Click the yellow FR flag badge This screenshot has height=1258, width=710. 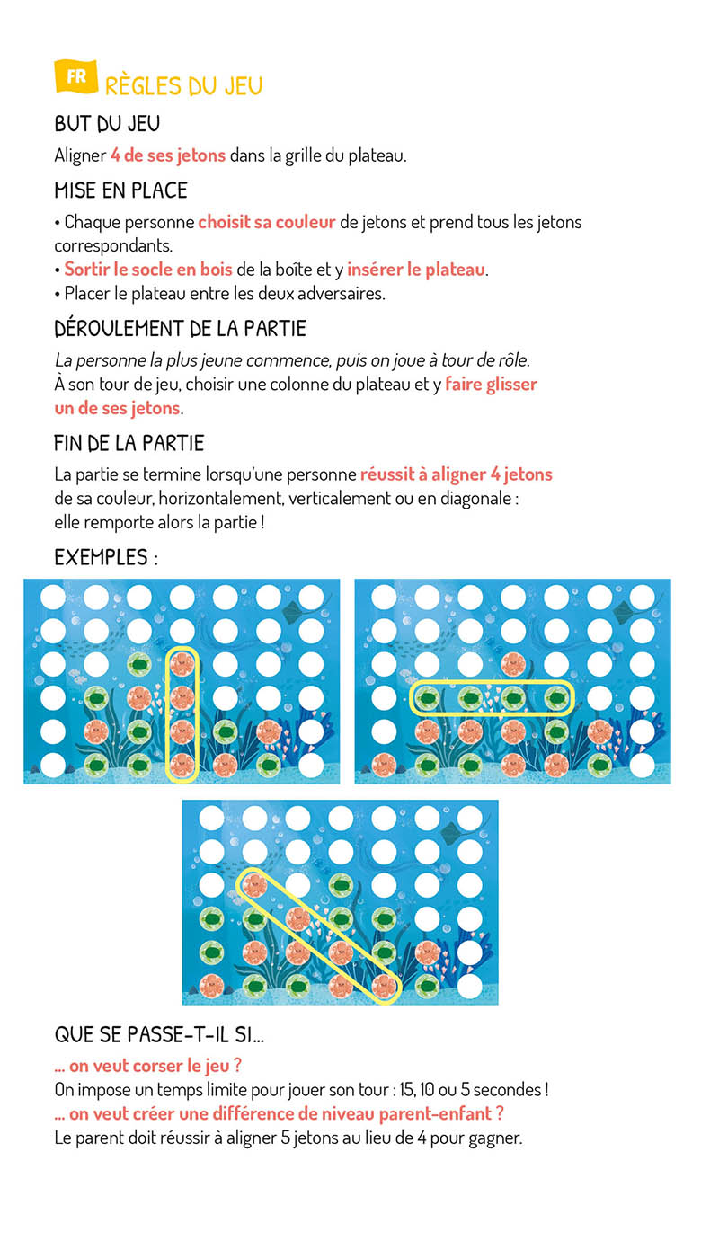click(75, 77)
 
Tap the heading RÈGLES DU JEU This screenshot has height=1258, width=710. click(183, 86)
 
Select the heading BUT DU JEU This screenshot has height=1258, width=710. click(107, 125)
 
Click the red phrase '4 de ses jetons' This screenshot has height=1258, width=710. click(168, 155)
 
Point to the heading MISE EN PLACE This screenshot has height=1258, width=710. click(120, 190)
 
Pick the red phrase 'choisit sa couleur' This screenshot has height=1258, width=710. click(267, 222)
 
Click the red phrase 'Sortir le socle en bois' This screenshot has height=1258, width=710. click(148, 270)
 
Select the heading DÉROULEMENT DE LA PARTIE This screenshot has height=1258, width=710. click(180, 329)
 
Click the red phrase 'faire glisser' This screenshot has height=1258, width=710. click(492, 385)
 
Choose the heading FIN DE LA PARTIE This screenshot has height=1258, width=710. click(129, 443)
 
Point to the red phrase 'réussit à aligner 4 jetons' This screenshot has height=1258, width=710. click(457, 474)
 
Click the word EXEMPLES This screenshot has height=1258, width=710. click(101, 557)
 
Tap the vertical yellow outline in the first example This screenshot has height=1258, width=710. click(182, 713)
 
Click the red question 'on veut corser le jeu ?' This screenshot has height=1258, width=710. click(148, 1066)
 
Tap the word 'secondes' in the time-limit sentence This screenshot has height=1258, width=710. click(507, 1090)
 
